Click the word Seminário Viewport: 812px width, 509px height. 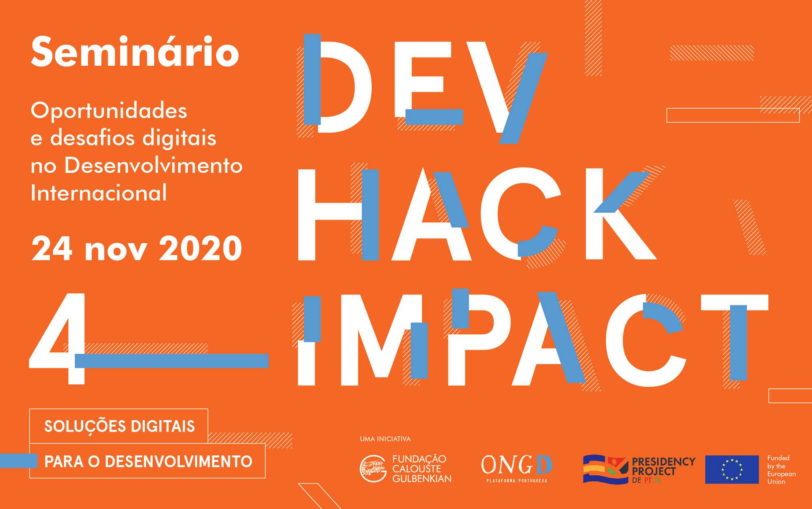(135, 52)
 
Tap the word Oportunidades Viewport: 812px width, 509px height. (109, 110)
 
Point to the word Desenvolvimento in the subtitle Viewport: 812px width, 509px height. (153, 165)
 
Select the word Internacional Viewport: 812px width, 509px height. (99, 193)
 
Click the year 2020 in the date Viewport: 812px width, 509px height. (201, 248)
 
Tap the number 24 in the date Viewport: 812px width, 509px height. (52, 248)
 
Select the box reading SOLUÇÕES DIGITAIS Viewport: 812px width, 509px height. (119, 426)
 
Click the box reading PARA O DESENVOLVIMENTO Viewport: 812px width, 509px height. (147, 461)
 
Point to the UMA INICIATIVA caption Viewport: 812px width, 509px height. (385, 439)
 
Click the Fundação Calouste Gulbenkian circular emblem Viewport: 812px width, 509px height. (373, 468)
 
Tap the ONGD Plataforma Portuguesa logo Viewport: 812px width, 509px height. (516, 468)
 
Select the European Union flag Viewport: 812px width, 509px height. (732, 469)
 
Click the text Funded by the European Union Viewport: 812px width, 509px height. (781, 470)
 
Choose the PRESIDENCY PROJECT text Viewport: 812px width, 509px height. (663, 466)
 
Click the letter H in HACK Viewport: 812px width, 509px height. (339, 214)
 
